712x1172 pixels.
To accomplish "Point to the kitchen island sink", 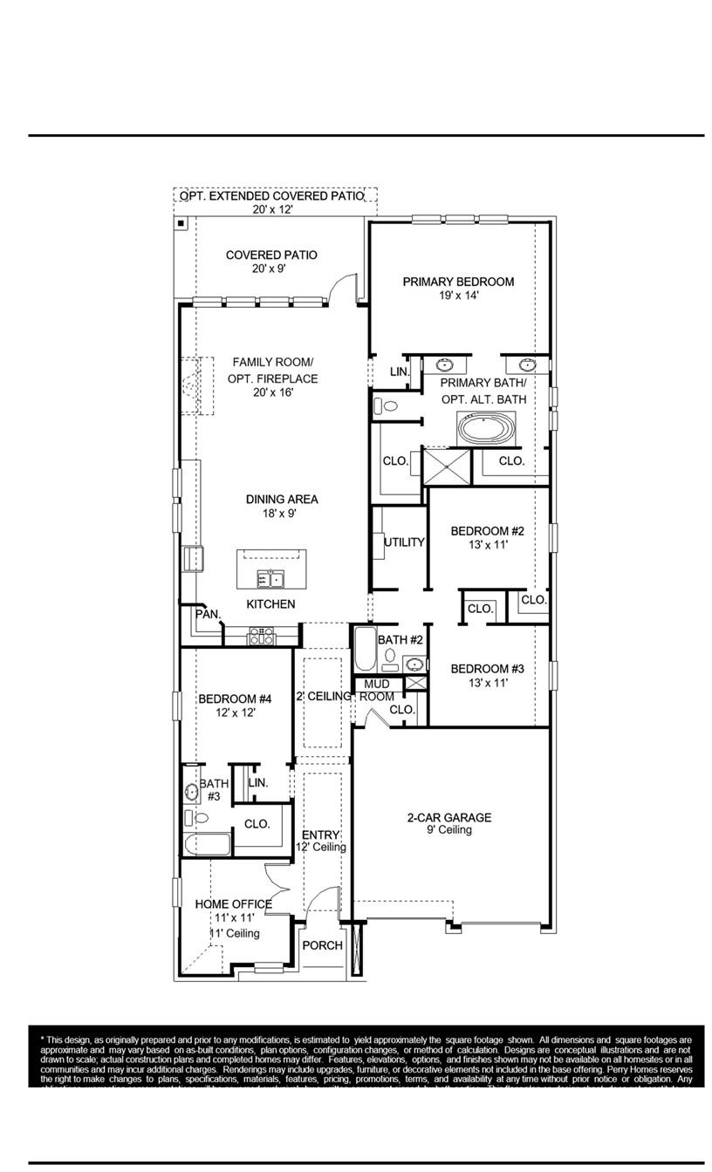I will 270,578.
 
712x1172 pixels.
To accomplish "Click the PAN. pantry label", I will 207,615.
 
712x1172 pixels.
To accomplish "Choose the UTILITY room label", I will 404,542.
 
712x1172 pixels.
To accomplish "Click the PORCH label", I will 322,946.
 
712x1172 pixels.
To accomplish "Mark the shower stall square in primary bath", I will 446,467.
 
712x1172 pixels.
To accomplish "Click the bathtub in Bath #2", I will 365,649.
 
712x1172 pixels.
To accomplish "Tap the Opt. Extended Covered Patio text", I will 271,197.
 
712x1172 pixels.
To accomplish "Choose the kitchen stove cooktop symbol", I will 262,636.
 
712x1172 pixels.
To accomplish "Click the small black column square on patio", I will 181,224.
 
